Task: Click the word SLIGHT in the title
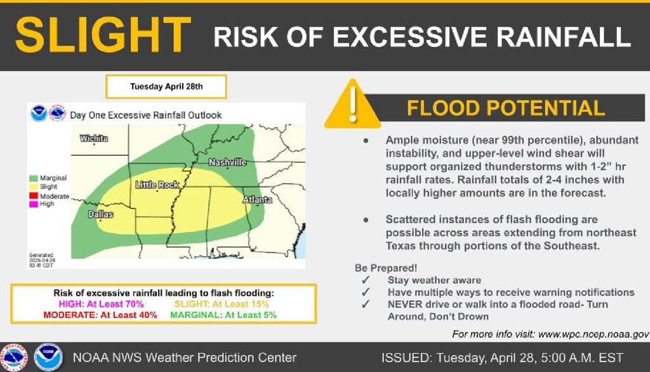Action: [103, 36]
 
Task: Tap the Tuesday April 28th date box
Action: [166, 87]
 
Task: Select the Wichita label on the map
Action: [94, 138]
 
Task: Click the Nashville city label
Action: [227, 163]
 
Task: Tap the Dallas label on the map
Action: [100, 214]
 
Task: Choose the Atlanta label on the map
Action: [257, 200]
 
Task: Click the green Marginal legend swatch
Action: [34, 179]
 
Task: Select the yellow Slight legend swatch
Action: [34, 188]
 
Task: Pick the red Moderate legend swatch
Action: [34, 196]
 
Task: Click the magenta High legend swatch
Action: [34, 205]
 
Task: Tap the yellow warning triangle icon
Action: [353, 105]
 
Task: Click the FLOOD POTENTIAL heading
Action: [505, 108]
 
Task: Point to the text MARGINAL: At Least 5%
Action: [225, 315]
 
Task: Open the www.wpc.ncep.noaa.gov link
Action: [593, 334]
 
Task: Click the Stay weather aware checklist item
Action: [434, 280]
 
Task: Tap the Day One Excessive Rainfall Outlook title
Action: [146, 115]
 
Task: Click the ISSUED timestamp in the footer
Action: [502, 357]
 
